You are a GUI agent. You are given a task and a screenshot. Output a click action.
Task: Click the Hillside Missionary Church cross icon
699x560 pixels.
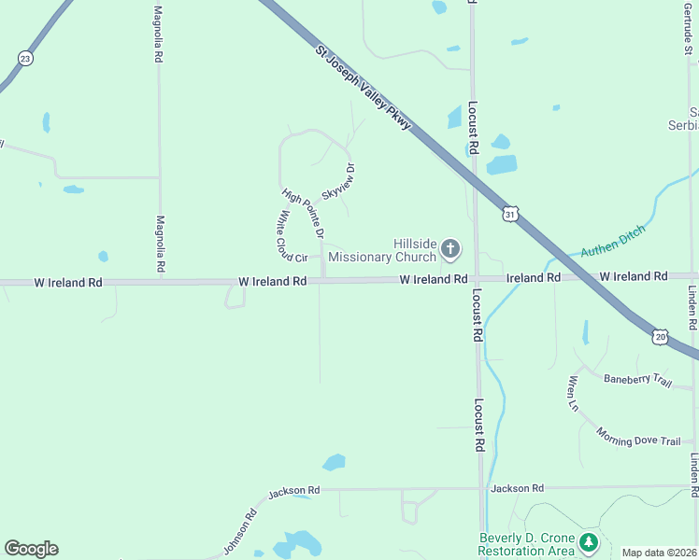coord(450,248)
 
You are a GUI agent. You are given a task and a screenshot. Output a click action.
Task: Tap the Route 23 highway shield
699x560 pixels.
coord(25,58)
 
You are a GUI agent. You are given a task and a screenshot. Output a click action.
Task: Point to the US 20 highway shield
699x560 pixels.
coord(661,336)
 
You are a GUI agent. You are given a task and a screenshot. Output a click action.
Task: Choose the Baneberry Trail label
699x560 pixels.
coord(637,380)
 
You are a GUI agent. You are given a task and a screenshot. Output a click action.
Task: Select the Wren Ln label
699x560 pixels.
coord(572,393)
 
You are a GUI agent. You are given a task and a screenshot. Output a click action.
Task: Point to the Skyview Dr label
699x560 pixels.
coord(339,180)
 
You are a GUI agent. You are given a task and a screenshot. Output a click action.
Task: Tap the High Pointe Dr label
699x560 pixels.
coord(303,211)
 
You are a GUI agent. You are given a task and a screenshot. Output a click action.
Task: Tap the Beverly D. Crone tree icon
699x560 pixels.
coord(588,542)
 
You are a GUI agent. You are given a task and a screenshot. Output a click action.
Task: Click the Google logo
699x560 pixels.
coord(31,549)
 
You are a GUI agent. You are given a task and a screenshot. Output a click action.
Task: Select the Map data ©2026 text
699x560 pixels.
coord(659,553)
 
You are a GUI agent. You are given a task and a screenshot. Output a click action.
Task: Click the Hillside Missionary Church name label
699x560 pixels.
coord(401,250)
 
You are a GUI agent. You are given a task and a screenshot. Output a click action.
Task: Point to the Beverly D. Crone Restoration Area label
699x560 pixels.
coord(526,544)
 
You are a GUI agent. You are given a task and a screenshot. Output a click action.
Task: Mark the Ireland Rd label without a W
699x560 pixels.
coord(533,278)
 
